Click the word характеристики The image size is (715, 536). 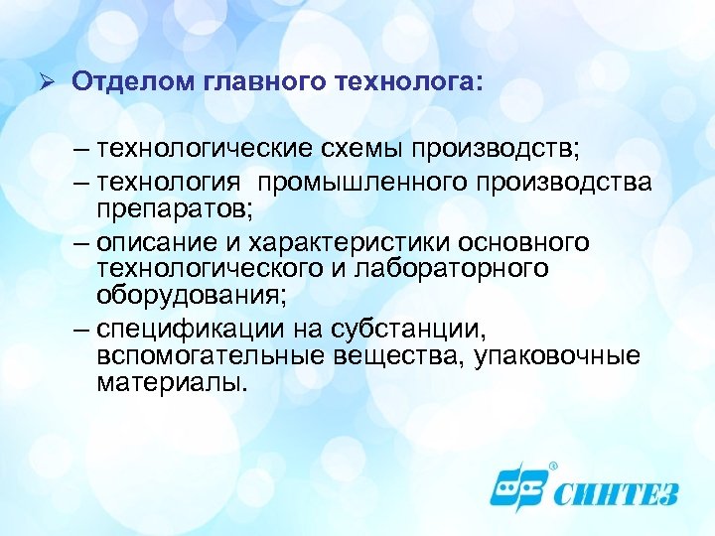pyautogui.click(x=339, y=243)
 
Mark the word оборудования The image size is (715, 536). pyautogui.click(x=192, y=295)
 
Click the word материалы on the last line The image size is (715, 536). pyautogui.click(x=170, y=382)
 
